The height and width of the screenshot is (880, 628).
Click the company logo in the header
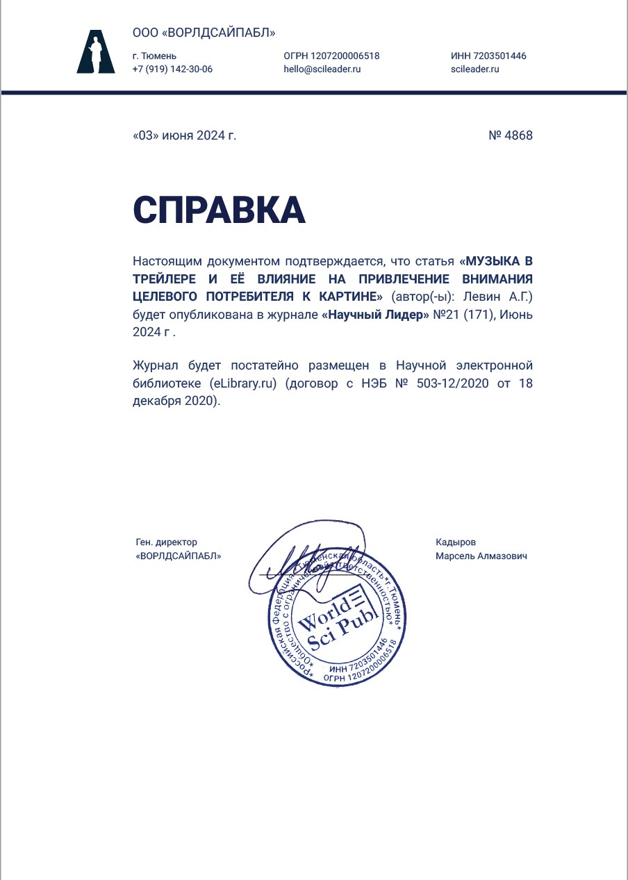pos(96,52)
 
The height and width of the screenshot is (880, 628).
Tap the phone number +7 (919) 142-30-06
pos(172,69)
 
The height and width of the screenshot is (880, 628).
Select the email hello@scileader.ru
pos(322,69)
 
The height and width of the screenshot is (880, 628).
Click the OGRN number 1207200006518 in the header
pos(331,56)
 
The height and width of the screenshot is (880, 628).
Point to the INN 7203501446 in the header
pos(488,56)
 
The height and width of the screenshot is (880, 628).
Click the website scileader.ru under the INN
pos(475,69)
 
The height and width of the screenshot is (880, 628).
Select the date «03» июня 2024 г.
pos(184,135)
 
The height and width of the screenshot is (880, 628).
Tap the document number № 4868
pos(511,135)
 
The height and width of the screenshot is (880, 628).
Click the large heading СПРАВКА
pos(219,209)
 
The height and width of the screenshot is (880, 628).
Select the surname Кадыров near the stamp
pos(456,542)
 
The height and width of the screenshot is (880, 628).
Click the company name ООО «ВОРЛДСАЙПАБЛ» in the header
pos(204,33)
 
